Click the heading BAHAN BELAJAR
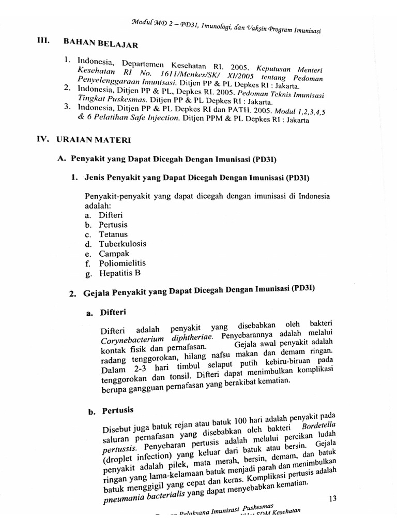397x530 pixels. click(101, 44)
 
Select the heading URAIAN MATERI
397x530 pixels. click(98, 140)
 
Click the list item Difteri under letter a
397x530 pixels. click(111, 215)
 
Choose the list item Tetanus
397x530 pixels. click(113, 234)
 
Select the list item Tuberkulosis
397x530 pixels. click(123, 244)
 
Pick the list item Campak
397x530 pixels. click(114, 254)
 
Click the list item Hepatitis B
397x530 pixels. click(119, 273)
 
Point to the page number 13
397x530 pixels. click(332, 498)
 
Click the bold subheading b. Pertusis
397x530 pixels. click(111, 411)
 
